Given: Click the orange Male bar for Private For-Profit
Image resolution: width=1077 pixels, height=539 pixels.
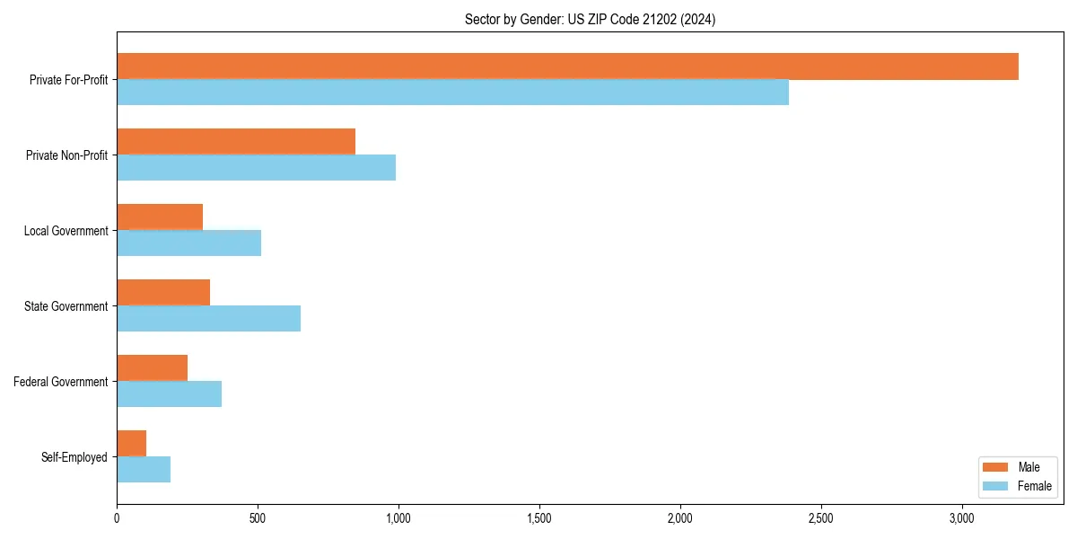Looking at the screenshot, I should (x=567, y=66).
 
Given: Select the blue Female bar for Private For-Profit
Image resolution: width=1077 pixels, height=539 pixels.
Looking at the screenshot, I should (x=452, y=93).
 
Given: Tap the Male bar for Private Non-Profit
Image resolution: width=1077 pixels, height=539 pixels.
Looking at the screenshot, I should (x=236, y=142).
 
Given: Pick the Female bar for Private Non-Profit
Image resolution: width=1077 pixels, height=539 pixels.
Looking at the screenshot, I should (x=256, y=168).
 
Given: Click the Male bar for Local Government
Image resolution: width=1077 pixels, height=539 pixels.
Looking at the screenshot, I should (x=160, y=217).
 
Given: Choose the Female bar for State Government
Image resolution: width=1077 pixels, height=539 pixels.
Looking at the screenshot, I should (x=208, y=319).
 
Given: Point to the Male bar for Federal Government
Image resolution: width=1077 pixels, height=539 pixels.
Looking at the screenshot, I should (x=152, y=368).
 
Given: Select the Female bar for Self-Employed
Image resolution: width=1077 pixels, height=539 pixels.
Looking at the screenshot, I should (x=144, y=470).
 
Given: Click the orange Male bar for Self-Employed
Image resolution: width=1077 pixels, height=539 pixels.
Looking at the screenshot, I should (x=131, y=444).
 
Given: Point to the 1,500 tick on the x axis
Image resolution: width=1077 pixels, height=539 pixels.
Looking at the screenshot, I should (x=539, y=518).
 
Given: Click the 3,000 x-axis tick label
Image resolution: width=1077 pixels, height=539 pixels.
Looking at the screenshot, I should (x=962, y=518).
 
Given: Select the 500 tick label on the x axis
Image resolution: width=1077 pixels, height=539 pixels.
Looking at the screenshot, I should (x=258, y=518).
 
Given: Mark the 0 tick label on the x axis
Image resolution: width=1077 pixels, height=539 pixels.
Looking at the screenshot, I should (x=117, y=518).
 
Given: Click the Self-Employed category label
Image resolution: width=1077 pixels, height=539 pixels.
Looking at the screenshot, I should (x=74, y=457).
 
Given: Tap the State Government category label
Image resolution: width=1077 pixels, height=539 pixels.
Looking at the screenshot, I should (x=66, y=306).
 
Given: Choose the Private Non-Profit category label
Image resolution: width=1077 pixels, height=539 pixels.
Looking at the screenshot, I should (x=66, y=155).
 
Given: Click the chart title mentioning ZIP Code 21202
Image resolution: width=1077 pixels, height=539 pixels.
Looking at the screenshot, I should (x=590, y=19).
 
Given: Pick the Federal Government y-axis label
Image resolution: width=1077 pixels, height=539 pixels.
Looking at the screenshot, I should (x=61, y=382).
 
